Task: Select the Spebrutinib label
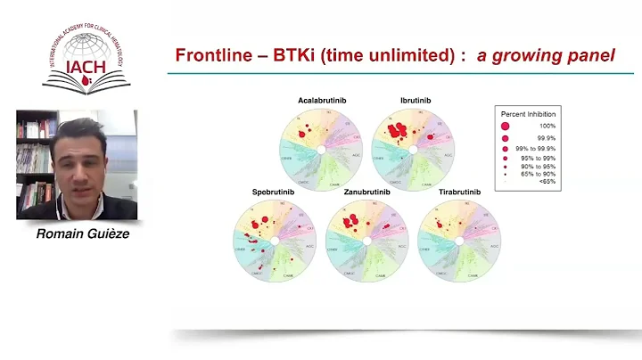coord(272,192)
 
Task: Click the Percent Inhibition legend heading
coord(531,113)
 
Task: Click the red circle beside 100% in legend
coord(506,127)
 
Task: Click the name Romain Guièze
coord(78,234)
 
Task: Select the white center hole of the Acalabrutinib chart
coord(320,149)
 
